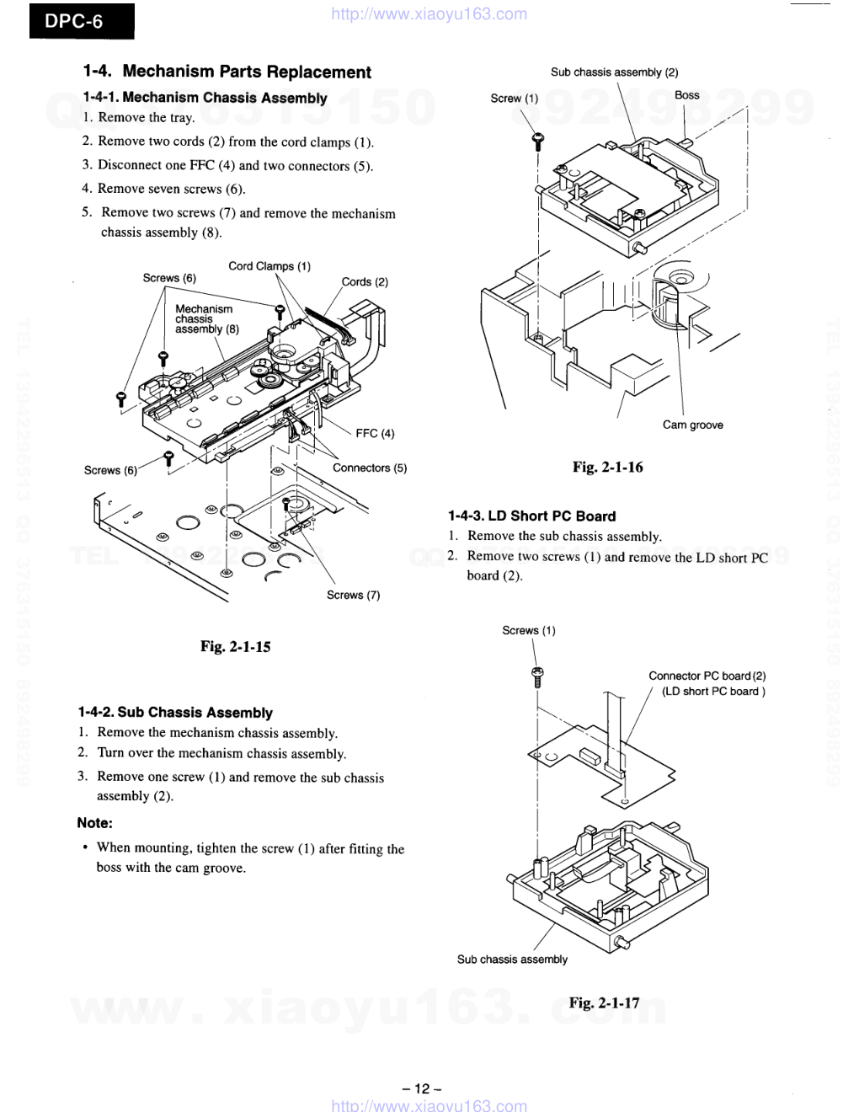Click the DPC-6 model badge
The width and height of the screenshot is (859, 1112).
coord(81,21)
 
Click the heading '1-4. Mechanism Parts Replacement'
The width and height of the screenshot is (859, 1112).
coord(227,72)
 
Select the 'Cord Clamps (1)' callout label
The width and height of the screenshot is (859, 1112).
coord(269,266)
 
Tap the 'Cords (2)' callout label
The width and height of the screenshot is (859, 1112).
coord(365,281)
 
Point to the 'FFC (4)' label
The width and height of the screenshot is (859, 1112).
coord(375,433)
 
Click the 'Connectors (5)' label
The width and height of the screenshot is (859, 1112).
coord(370,468)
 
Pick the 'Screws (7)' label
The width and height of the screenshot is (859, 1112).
coord(353,595)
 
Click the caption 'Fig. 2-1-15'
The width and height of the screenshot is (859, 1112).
coord(235,646)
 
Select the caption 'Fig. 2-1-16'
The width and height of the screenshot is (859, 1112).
coord(607,467)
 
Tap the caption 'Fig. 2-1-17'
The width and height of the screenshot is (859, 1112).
coord(604,1002)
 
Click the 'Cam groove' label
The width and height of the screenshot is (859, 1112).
coord(692,425)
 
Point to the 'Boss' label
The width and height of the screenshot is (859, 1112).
coord(686,95)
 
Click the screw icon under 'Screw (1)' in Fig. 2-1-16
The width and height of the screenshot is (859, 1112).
coord(536,142)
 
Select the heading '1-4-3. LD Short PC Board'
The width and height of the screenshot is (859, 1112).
coord(531,516)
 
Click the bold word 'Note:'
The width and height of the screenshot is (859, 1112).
coord(94,822)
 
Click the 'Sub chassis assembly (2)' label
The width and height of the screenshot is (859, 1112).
coord(614,72)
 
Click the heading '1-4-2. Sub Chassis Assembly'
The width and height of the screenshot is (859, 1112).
coord(175,713)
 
